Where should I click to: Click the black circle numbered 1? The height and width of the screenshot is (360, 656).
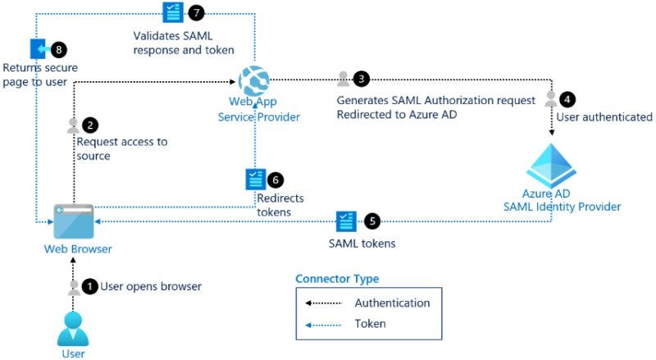90,286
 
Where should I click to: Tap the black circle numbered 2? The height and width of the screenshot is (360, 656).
90,125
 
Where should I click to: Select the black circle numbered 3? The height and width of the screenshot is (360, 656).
361,79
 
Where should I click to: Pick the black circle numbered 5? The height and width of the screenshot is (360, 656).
371,221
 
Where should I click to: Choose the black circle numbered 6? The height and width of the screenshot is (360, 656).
276,179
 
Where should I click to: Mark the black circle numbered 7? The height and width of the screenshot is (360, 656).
195,12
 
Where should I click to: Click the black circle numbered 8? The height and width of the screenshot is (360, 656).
59,48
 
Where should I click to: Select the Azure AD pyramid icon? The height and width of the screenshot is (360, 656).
551,165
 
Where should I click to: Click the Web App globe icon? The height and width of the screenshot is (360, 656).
254,80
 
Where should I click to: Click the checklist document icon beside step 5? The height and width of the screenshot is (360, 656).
346,221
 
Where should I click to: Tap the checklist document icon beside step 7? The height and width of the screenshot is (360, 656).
173,12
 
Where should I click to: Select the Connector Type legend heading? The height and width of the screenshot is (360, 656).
337,279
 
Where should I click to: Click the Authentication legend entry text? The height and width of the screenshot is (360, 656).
392,303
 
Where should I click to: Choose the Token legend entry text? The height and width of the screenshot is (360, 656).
370,324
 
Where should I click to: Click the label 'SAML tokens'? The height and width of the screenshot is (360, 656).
361,244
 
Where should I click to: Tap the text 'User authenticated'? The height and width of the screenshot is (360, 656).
604,117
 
